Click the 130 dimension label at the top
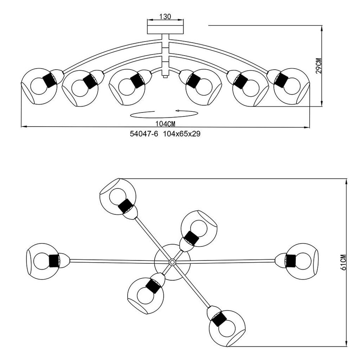(x=165, y=17)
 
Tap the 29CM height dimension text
(x=319, y=65)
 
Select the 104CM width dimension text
(x=165, y=123)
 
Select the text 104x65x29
(x=182, y=134)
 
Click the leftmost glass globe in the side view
(x=39, y=86)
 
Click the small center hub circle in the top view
(x=172, y=262)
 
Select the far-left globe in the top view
(x=43, y=261)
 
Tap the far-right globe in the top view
(x=302, y=261)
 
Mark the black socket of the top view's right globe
(x=290, y=261)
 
